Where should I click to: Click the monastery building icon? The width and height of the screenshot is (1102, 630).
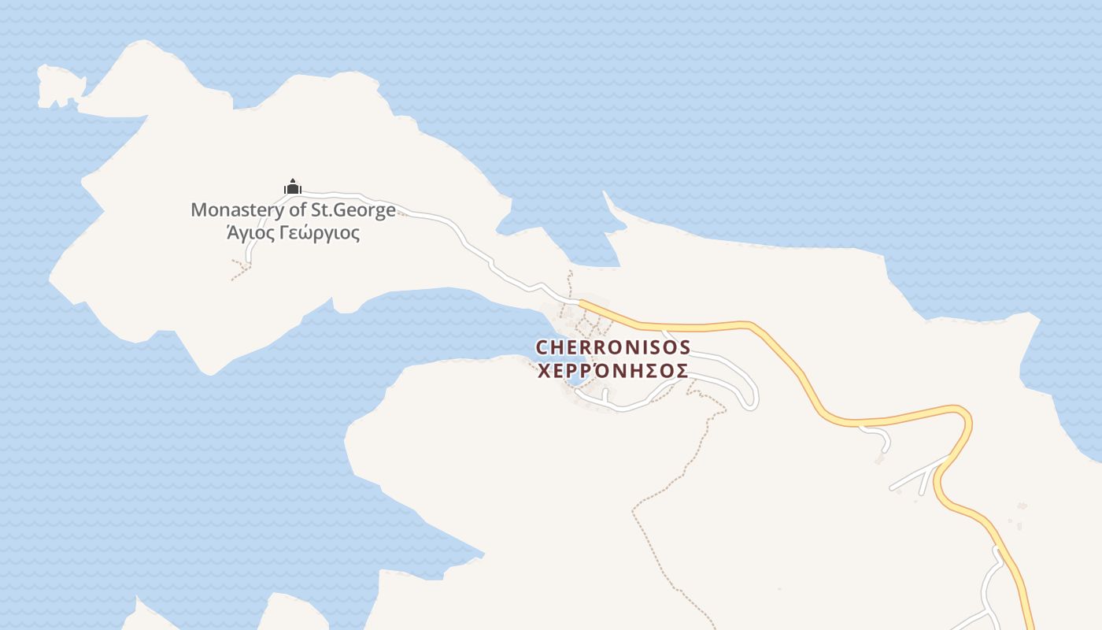pyautogui.click(x=293, y=187)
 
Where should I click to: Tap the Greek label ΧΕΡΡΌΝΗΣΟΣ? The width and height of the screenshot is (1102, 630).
pyautogui.click(x=612, y=371)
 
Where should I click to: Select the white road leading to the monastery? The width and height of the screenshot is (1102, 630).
pyautogui.click(x=441, y=220)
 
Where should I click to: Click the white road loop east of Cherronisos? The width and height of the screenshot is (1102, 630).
pyautogui.click(x=752, y=390)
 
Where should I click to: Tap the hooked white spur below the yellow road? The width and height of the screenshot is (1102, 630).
pyautogui.click(x=878, y=436)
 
